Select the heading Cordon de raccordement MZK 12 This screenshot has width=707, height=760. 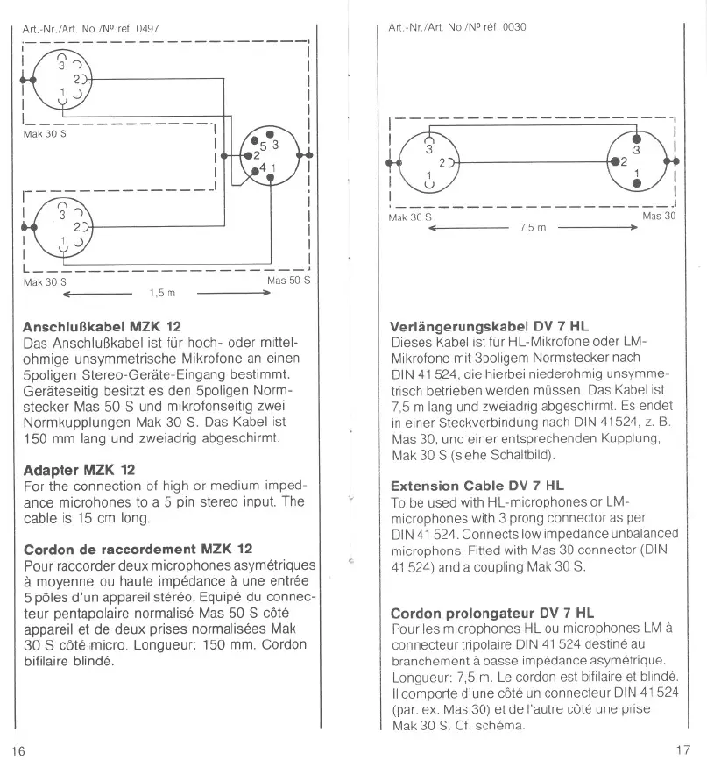132,550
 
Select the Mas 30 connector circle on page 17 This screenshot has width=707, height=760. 637,160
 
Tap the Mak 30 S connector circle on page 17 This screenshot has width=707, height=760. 428,161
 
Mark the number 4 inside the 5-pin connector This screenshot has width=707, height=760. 261,167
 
